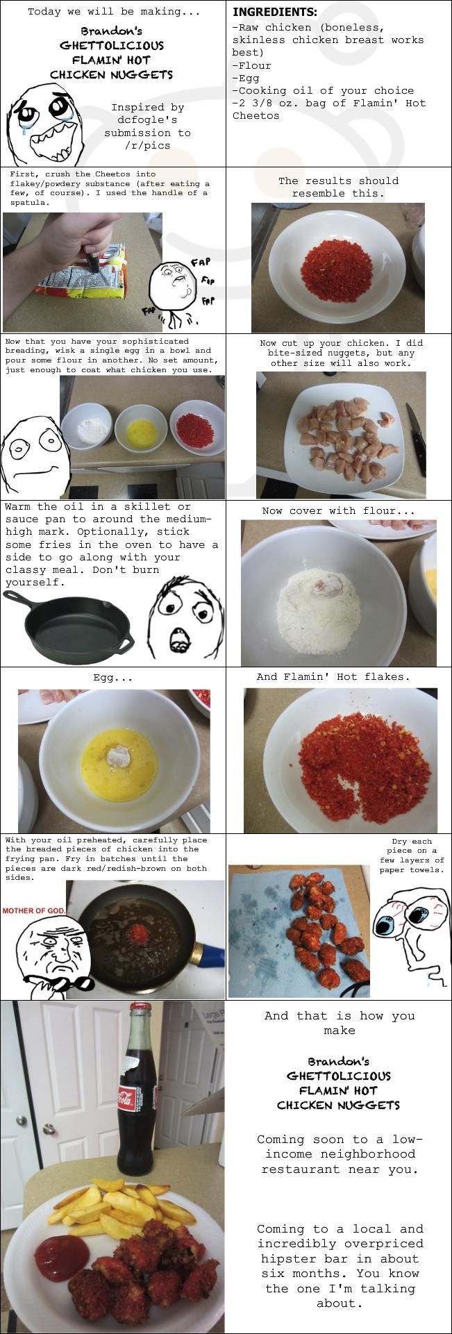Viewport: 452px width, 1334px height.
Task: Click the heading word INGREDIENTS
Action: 275,12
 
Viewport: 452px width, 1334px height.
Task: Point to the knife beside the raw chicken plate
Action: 416,439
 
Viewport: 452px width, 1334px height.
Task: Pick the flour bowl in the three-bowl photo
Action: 87,428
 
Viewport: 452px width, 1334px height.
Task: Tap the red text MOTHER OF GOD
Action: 35,910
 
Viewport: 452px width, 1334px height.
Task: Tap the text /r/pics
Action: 148,145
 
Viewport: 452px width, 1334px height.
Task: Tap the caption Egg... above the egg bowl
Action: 112,678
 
